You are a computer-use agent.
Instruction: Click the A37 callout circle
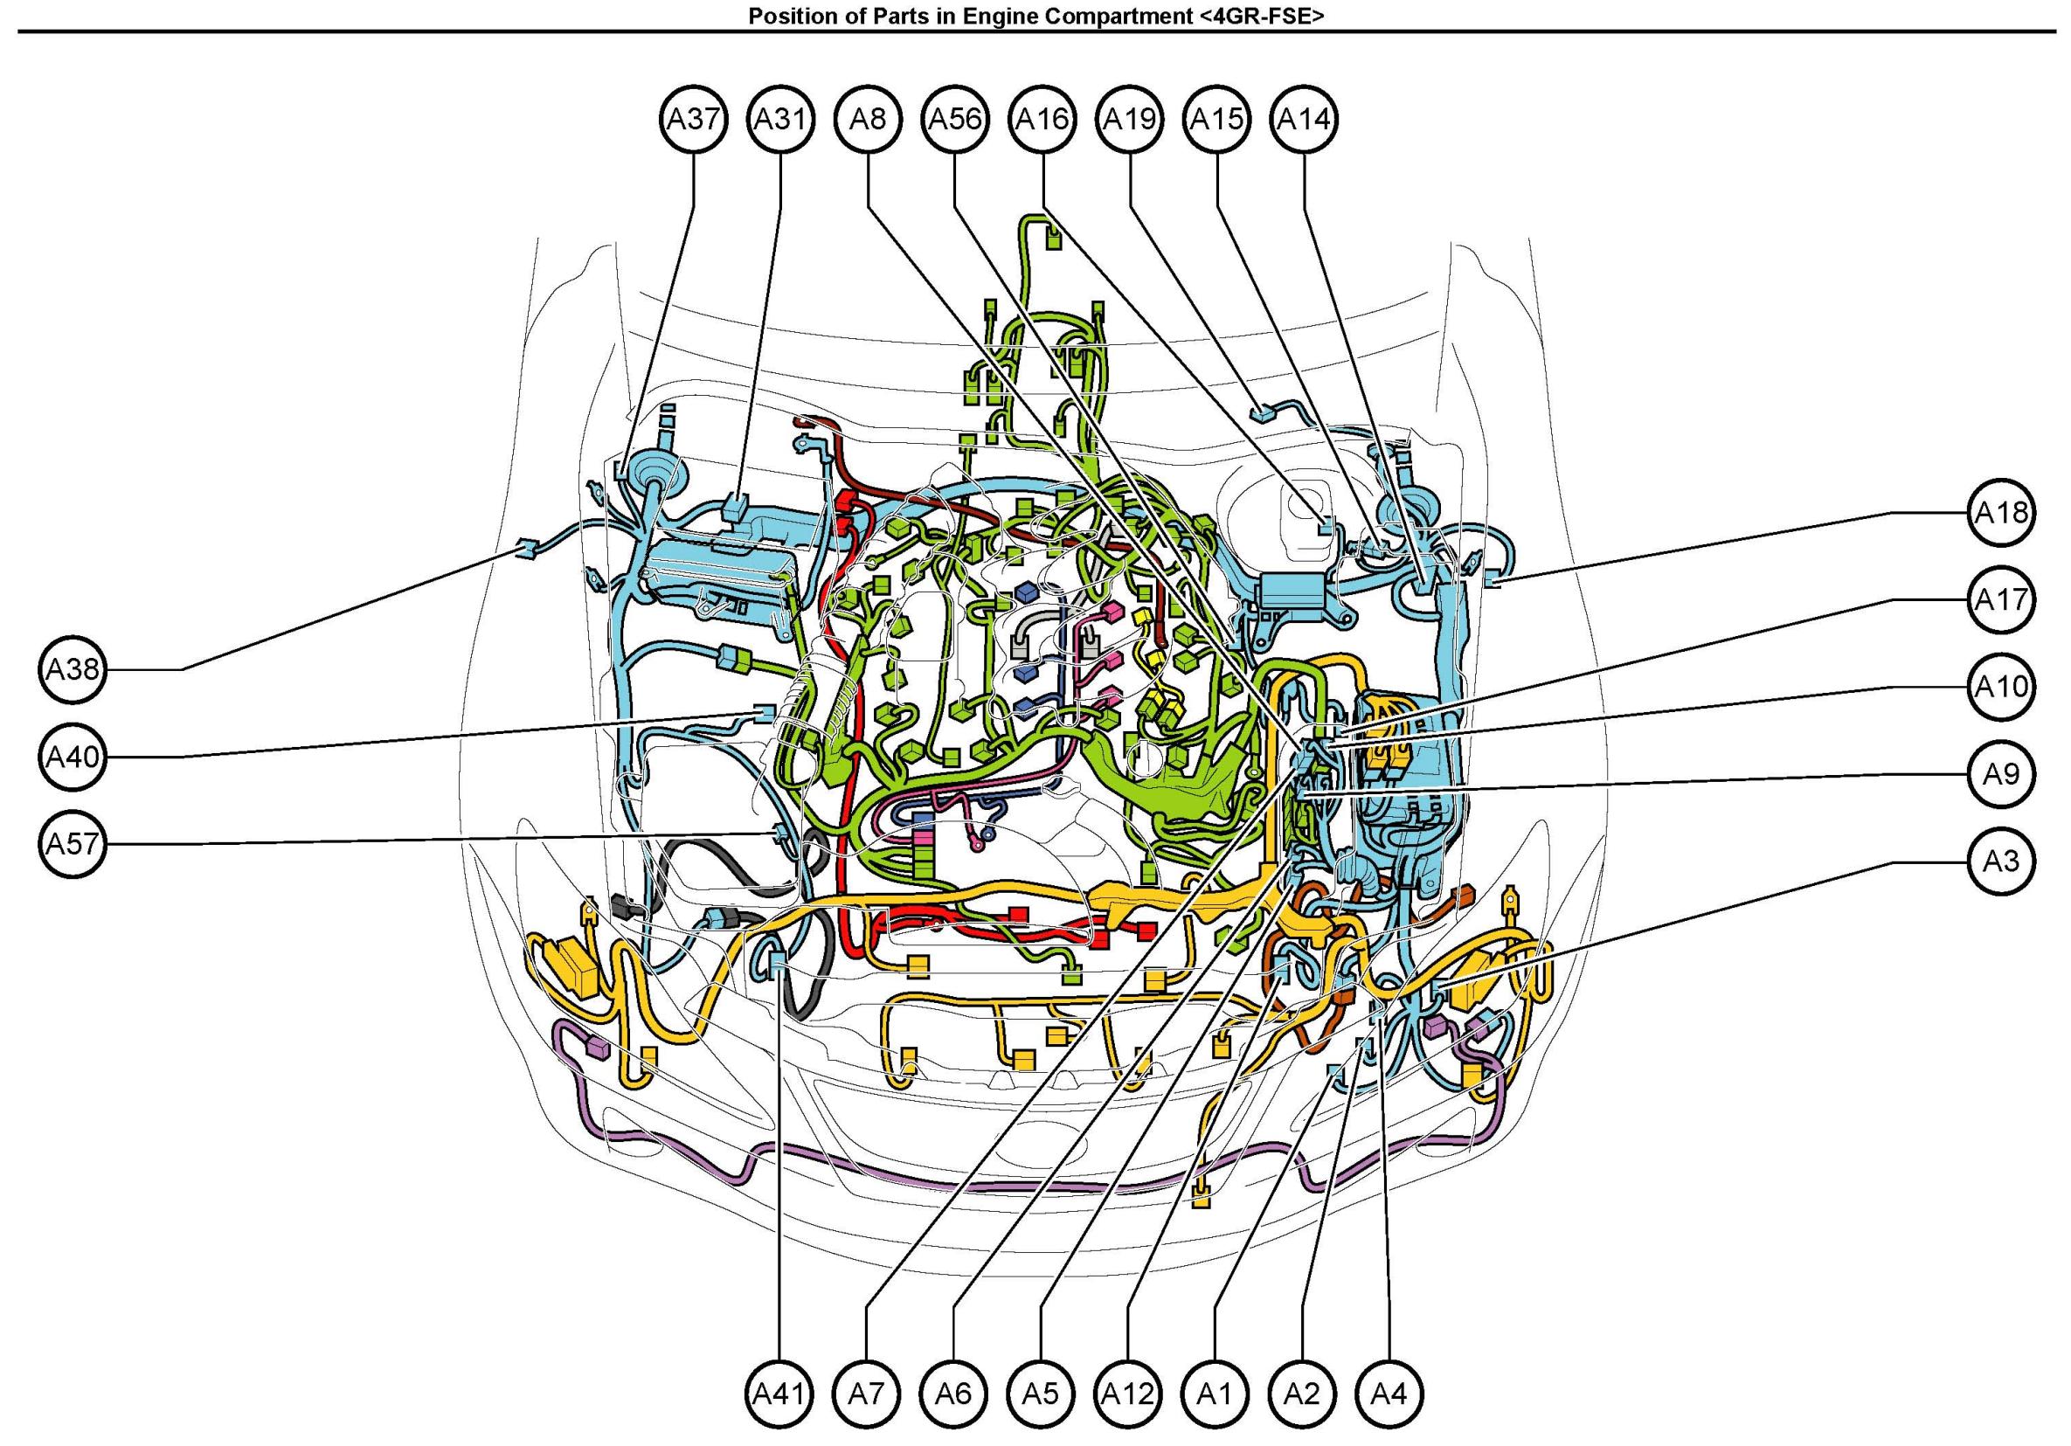[x=693, y=119]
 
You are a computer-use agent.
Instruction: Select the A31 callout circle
[x=780, y=119]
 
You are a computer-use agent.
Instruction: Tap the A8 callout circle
[x=868, y=119]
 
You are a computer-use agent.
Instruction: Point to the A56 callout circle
[x=955, y=119]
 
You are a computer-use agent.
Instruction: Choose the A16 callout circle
[x=1042, y=119]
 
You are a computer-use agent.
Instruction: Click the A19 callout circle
[x=1130, y=119]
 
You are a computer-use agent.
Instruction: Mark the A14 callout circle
[x=1305, y=119]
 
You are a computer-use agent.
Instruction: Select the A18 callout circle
[x=2002, y=512]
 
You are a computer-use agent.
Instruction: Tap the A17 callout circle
[x=2002, y=600]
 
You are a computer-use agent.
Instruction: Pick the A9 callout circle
[x=2002, y=774]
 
